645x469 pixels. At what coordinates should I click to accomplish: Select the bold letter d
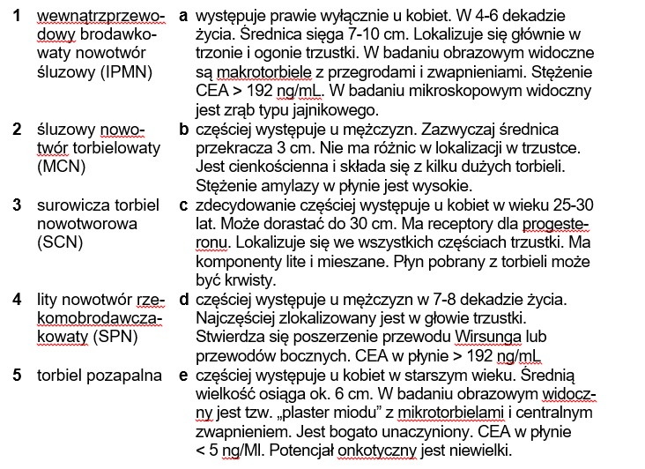183,300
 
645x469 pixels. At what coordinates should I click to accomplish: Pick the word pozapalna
129,376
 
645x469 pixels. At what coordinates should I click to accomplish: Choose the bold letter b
183,130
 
